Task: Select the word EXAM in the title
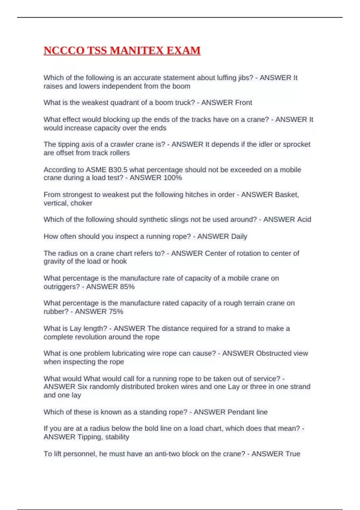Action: (x=183, y=50)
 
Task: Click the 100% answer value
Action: (x=173, y=178)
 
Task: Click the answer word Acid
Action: (x=304, y=220)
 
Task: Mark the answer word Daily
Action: (x=239, y=236)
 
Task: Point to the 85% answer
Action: (x=127, y=287)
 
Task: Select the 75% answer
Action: (x=116, y=312)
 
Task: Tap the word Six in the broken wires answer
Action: (x=82, y=387)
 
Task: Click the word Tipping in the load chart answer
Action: (x=90, y=437)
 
